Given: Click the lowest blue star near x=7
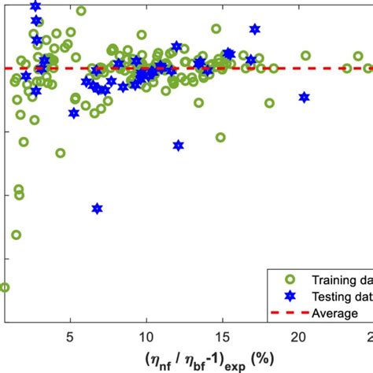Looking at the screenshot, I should [97, 209].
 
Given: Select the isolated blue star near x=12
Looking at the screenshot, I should [179, 145].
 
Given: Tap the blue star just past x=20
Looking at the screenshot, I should [304, 98].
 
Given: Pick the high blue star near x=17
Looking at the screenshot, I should [254, 29].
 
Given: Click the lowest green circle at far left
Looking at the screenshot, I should [4, 287].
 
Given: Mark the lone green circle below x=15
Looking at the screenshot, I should [220, 137].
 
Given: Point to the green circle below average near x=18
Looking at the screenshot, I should [269, 103].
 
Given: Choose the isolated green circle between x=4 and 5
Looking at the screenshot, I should [60, 153].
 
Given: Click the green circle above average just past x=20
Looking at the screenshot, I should [305, 56].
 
